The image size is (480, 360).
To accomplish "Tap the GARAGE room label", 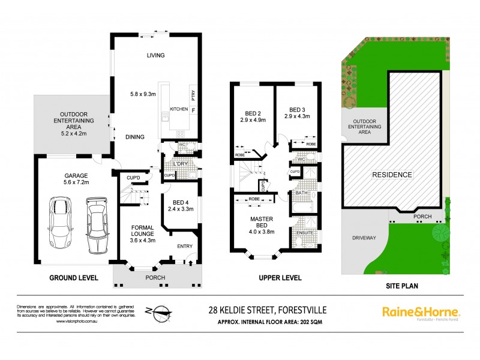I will click(x=76, y=176).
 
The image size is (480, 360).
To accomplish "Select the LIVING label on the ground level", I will click(x=155, y=55).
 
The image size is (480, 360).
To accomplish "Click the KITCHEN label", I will click(x=179, y=109).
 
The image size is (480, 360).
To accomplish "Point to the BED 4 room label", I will click(x=181, y=202).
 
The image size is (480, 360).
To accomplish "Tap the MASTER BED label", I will click(x=262, y=223).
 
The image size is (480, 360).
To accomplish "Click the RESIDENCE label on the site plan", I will click(x=392, y=175).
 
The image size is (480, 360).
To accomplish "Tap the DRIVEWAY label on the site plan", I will click(x=364, y=238).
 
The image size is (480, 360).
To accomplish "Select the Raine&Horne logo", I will click(x=421, y=313).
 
